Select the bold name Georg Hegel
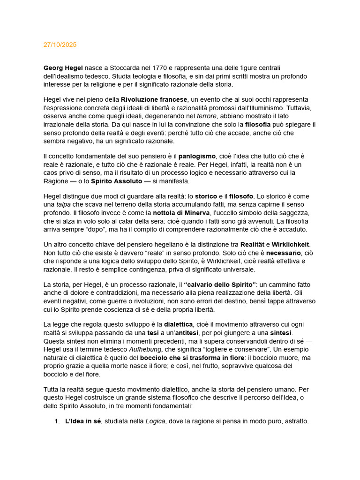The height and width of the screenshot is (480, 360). click(63, 68)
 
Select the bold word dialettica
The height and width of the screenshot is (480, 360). click(178, 324)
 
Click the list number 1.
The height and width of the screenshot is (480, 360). click(57, 421)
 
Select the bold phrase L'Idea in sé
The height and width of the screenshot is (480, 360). click(83, 421)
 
